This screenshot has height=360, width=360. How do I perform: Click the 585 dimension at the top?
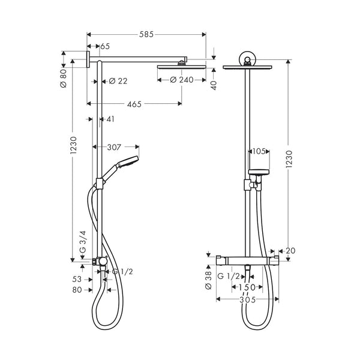[146, 35]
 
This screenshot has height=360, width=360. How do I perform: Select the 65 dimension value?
[104, 46]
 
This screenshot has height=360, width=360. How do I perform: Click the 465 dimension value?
[134, 104]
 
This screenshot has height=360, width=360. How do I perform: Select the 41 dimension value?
[110, 119]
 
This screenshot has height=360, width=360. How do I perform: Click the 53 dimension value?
[77, 279]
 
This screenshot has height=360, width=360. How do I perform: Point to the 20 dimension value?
[291, 251]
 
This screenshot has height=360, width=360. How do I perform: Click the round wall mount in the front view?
[247, 59]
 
